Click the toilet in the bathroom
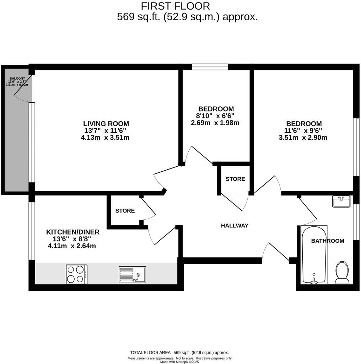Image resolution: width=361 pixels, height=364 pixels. coord(342,272)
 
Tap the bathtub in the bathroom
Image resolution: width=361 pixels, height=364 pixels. coord(314,255)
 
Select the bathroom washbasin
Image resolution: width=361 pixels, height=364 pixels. coord(341,201)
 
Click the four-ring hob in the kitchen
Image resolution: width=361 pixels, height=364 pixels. coord(77,274)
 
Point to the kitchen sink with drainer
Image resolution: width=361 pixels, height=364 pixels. coord(132,274)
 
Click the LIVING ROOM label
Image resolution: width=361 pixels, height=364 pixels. coord(106,124)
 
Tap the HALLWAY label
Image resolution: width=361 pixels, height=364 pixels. coord(235,225)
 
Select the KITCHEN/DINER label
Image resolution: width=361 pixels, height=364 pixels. coord(73,232)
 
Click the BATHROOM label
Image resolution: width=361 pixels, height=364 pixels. coord(328,241)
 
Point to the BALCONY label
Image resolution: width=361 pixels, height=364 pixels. coord(17,78)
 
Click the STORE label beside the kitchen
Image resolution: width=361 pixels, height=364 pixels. coord(125,211)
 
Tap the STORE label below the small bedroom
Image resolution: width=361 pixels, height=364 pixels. coord(235,179)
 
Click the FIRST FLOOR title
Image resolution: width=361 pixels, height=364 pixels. coord(176,6)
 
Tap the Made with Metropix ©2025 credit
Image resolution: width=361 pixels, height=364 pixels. coord(179,362)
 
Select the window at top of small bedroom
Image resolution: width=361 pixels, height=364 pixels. coord(210,67)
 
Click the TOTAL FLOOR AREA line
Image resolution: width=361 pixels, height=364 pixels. coord(179,352)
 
